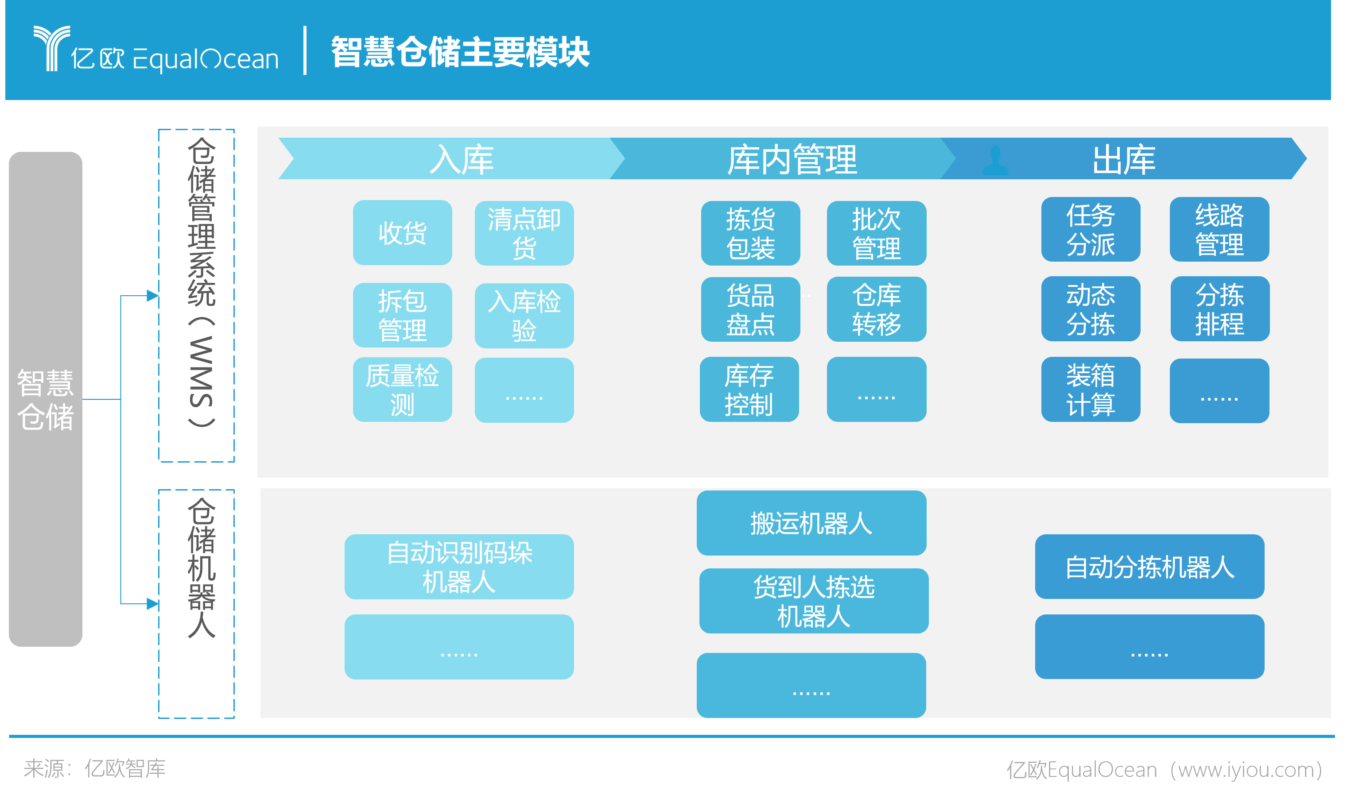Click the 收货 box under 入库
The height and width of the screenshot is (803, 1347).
402,233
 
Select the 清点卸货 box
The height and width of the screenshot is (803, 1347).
524,233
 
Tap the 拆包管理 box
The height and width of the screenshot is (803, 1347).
402,315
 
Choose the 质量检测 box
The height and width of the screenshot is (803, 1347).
402,390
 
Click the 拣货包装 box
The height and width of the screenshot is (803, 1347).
750,233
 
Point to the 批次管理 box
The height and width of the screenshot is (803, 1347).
877,233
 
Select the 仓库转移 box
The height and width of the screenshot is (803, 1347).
877,309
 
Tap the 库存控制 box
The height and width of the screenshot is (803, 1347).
749,389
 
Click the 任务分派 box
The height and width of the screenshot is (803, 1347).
1091,229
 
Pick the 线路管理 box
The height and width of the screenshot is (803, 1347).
1219,229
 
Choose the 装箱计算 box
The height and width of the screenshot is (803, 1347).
1091,389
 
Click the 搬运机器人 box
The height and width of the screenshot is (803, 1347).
811,523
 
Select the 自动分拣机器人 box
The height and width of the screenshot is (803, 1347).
1149,567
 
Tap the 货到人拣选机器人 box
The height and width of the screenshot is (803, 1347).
814,601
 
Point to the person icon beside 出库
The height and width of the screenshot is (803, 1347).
995,161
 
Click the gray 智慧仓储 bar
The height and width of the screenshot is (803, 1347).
46,399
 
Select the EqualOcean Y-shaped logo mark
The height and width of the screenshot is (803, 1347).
51,48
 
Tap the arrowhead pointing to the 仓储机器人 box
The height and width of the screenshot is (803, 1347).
153,603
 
